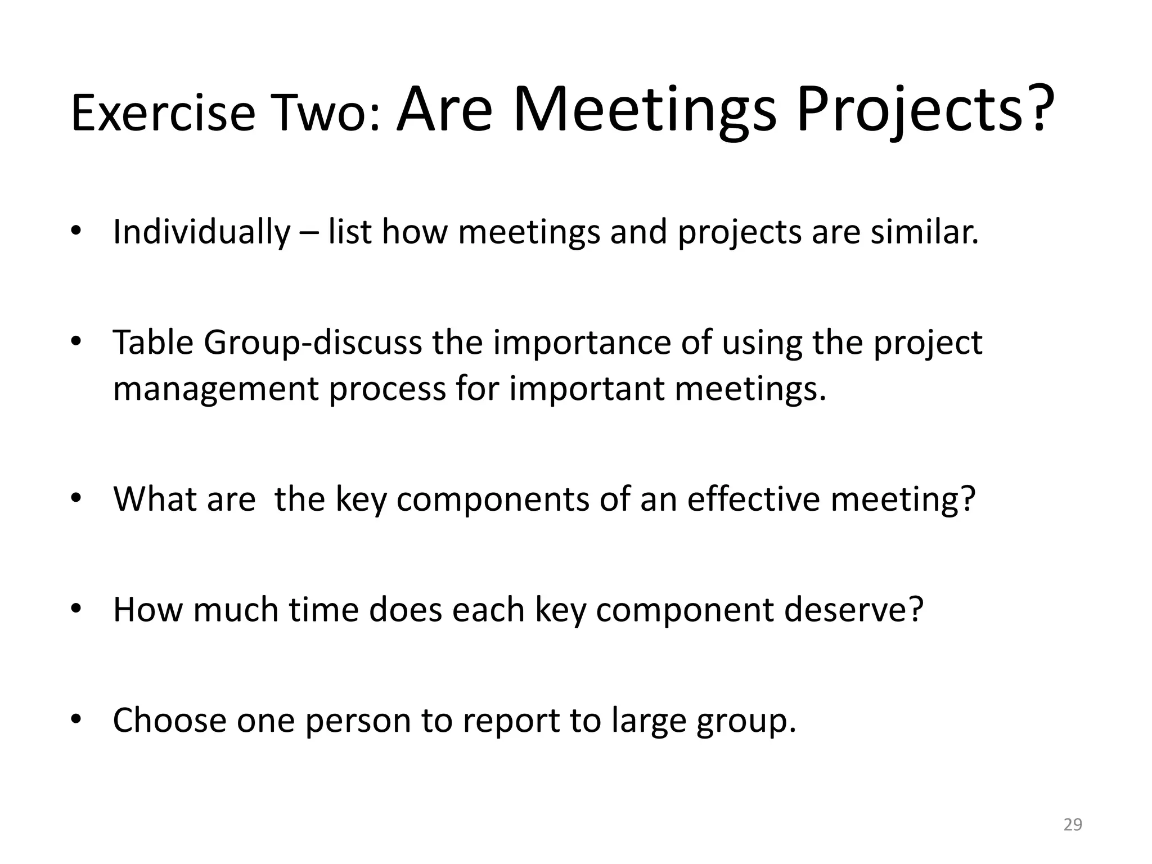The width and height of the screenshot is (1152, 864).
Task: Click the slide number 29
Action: (1073, 825)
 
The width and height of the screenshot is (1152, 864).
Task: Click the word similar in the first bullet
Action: (924, 232)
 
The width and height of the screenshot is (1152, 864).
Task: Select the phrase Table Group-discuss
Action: (267, 343)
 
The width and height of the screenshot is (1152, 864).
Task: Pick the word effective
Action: (753, 499)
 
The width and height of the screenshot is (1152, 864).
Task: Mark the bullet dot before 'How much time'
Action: (76, 609)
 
